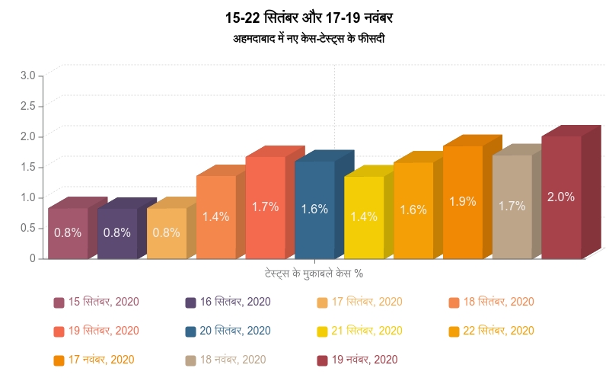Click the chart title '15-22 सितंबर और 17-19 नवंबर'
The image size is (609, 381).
click(309, 17)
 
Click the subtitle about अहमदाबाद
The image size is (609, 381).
click(309, 37)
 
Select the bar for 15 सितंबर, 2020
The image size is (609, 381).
click(68, 233)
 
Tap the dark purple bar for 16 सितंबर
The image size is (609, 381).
click(117, 233)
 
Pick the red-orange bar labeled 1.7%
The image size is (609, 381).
click(265, 207)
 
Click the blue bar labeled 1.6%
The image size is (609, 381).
click(314, 210)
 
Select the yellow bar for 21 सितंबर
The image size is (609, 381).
click(364, 217)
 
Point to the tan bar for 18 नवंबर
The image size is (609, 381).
click(512, 207)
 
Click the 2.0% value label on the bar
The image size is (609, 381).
click(561, 197)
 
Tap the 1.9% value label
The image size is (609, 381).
click(462, 202)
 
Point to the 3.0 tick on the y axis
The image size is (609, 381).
click(27, 75)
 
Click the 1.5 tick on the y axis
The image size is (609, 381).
click(27, 167)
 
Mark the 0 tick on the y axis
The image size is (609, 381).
click(33, 258)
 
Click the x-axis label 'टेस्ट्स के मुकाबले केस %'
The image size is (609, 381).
click(313, 273)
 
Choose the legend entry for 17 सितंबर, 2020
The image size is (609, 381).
click(360, 302)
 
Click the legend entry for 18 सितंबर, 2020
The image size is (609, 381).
click(492, 302)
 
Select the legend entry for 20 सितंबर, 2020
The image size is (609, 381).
click(228, 331)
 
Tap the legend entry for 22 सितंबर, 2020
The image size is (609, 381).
click(492, 331)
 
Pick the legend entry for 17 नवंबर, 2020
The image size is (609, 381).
click(94, 360)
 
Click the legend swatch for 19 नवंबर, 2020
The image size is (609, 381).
click(322, 360)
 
